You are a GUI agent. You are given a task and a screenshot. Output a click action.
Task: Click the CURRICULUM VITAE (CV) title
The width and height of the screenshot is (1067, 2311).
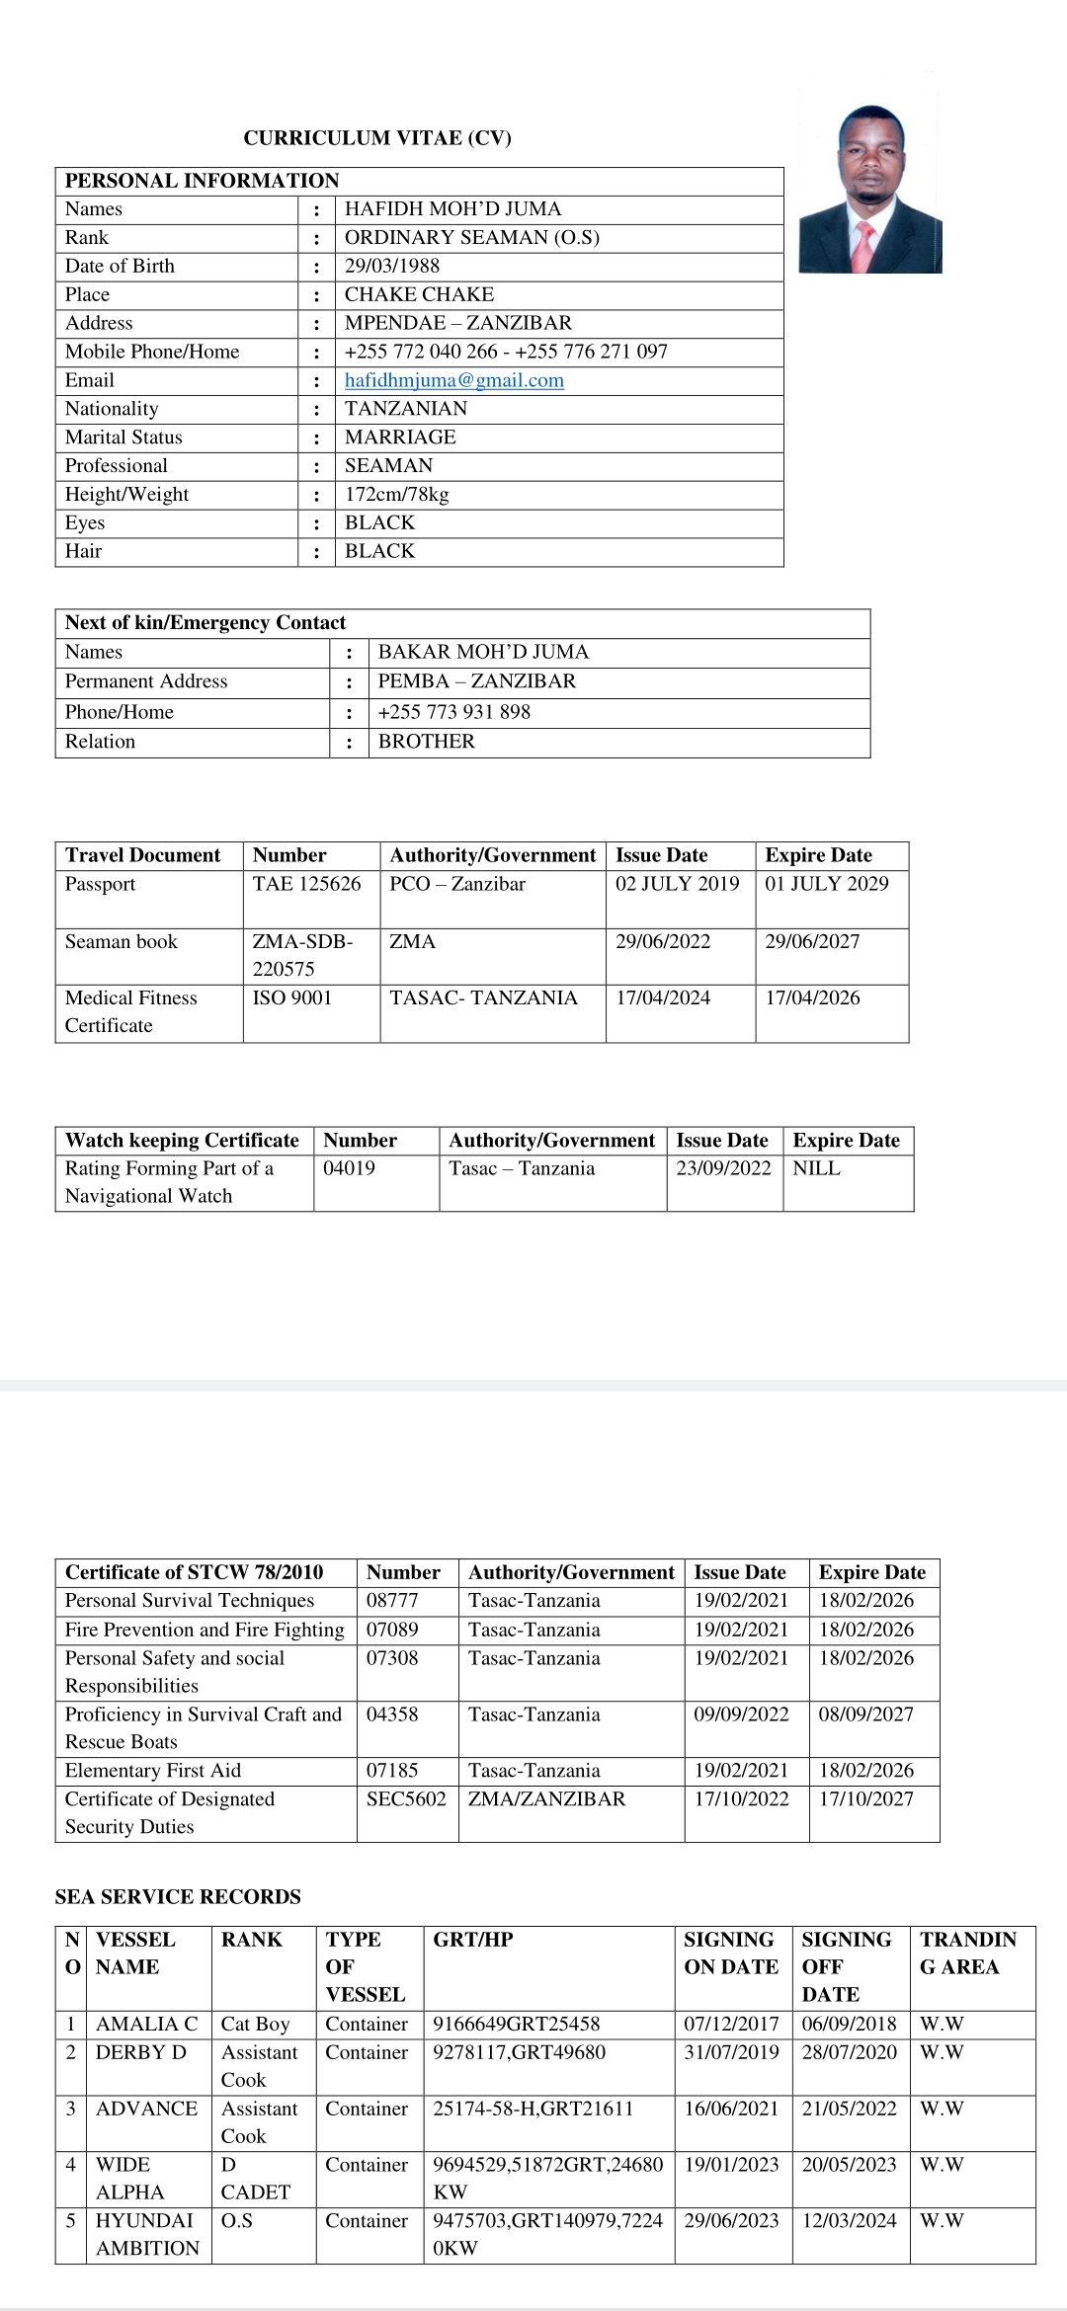point(377,138)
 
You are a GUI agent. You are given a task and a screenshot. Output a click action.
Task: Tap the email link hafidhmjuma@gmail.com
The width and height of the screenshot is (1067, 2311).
point(453,380)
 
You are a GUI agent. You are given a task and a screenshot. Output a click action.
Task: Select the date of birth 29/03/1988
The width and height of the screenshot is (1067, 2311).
point(392,266)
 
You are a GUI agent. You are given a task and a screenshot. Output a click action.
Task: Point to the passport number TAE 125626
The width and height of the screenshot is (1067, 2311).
point(306,884)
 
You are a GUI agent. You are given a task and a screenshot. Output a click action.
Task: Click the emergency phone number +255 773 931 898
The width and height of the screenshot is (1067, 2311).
point(454,712)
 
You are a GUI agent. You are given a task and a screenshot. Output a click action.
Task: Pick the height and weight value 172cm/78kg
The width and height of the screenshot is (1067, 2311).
point(396,494)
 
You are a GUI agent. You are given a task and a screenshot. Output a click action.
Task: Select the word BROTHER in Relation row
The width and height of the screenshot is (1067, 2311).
point(426,741)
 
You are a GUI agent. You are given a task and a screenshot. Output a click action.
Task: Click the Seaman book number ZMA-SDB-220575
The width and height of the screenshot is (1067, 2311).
point(302,955)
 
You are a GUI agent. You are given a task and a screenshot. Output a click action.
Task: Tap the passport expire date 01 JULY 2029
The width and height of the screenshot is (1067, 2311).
point(826,884)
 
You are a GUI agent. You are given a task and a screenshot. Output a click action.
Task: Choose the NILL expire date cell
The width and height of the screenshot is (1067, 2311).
point(816,1168)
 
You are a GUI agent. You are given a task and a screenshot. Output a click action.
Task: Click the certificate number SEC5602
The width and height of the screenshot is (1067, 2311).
point(406,1798)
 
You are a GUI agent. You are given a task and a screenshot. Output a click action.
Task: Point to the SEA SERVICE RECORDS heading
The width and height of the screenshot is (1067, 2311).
point(178,1896)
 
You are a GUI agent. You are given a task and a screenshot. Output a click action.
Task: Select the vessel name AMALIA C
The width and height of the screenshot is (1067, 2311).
point(146,2024)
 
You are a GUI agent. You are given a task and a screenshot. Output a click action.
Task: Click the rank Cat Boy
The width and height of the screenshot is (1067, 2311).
point(255,2024)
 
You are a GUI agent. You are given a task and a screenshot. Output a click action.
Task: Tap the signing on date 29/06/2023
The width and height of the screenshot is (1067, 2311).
point(731,2220)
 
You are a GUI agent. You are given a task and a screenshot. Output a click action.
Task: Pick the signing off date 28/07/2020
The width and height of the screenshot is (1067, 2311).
point(849,2052)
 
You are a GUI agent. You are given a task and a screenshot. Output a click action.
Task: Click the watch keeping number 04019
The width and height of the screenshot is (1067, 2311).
point(349,1168)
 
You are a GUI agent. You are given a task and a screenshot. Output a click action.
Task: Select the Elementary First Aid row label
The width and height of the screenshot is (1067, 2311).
point(153,1770)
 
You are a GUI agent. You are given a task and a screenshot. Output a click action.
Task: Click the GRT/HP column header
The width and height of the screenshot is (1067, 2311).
point(472,1939)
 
